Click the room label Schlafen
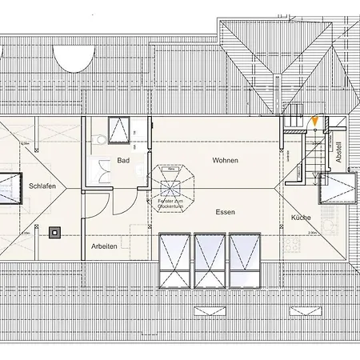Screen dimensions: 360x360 tap(42, 185)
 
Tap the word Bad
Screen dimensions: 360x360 tap(122, 161)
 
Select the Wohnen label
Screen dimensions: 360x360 tap(225, 161)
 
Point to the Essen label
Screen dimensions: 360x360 tap(225, 212)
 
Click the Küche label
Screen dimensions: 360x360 tap(301, 218)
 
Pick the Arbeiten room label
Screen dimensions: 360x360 tap(104, 246)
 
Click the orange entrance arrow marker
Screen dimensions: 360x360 tap(316, 121)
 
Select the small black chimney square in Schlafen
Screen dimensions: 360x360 tap(54, 233)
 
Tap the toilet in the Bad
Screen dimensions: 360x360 tap(98, 140)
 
